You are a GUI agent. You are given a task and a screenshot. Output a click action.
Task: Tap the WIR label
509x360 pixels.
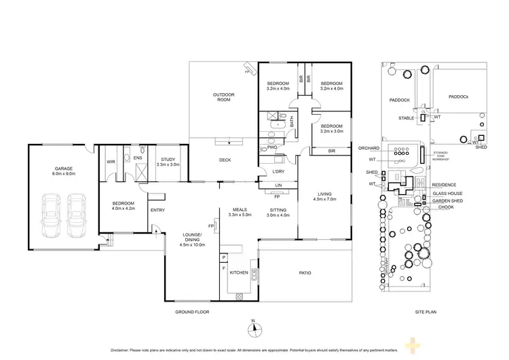click(x=110, y=162)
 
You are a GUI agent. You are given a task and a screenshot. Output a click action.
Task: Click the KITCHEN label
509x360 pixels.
click(x=239, y=272)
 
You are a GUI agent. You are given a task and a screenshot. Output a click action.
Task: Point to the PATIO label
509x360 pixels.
click(x=305, y=273)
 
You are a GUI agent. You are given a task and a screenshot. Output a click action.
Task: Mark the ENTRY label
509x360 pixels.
click(x=157, y=209)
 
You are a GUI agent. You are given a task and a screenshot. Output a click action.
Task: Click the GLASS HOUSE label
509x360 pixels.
click(x=447, y=193)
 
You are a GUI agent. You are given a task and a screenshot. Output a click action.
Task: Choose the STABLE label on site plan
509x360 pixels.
click(x=407, y=118)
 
